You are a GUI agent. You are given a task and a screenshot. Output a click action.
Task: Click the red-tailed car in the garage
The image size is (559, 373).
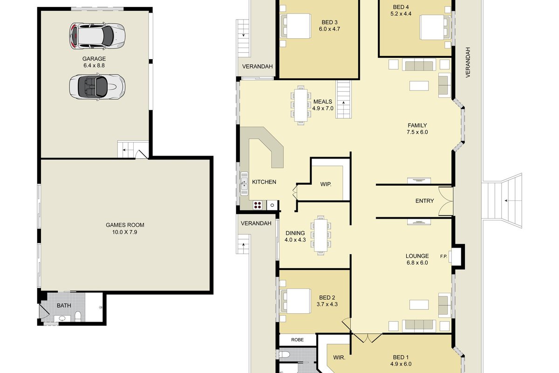pos(97,36)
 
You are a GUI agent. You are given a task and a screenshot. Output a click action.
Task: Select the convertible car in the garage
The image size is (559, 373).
pos(97,87)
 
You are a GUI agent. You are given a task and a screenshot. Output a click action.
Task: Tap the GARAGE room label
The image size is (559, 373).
pos(94,59)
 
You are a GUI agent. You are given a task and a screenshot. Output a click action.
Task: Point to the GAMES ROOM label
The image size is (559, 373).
pos(125,225)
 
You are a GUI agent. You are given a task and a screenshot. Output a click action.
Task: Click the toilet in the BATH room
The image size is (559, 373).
pos(78,316)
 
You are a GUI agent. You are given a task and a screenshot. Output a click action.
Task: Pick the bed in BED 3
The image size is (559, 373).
pos(296,26)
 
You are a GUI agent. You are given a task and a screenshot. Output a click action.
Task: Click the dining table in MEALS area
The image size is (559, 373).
pos(301,105)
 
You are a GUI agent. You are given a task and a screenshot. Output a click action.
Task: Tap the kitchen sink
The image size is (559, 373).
pos(244,184)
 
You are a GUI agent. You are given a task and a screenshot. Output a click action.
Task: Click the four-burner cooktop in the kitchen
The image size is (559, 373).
pos(258,205)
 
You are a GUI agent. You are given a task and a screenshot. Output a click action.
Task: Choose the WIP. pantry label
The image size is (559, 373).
pos(326,184)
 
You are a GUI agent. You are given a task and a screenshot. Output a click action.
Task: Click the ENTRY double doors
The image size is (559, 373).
pos(446,201)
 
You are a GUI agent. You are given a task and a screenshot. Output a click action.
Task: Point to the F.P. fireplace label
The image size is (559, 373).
pos(443,256)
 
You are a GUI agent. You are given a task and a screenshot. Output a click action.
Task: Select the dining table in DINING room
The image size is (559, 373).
pos(320,235)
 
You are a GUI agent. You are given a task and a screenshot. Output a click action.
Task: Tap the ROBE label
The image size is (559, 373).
pos(297,340)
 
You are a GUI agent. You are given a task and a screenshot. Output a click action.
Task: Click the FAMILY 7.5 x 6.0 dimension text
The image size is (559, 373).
pos(417,132)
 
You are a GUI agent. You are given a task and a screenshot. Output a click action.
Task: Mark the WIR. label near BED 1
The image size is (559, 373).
pos(339,358)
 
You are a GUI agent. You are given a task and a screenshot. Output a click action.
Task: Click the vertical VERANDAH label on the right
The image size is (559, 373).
pos(468,62)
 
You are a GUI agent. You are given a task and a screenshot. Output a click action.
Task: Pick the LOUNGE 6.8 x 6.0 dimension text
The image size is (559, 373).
pos(417,262)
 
